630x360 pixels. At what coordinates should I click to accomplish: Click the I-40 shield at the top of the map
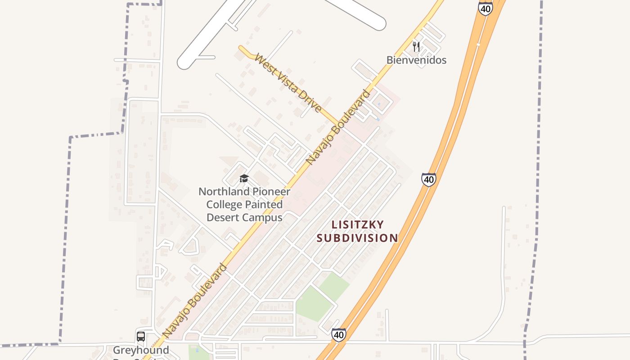[x=486, y=8]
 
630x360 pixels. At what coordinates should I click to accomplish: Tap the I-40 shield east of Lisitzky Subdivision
[x=428, y=179]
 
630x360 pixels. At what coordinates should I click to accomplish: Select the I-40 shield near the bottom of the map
[x=339, y=334]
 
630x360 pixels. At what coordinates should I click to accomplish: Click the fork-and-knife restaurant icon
[x=416, y=46]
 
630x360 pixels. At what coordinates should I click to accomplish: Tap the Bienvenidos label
[x=416, y=60]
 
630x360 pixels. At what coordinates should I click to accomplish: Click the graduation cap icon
[x=244, y=179]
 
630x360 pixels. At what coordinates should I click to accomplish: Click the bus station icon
[x=141, y=336]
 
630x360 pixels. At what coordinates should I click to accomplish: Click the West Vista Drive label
[x=288, y=83]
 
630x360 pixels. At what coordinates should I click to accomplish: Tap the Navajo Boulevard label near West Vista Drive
[x=338, y=127]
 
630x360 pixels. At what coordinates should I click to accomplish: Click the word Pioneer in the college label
[x=269, y=192]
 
